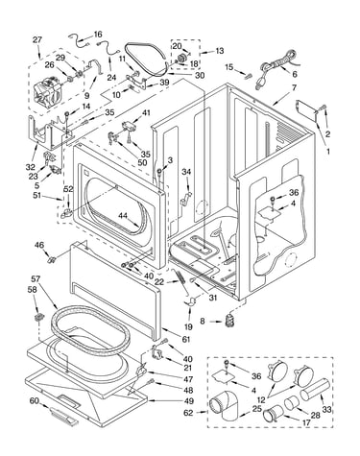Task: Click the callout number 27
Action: (x=37, y=40)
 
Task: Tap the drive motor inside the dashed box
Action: (x=47, y=90)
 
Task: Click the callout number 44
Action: (x=123, y=216)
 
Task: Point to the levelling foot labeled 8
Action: (x=230, y=321)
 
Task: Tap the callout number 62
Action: (x=188, y=413)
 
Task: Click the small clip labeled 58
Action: (x=38, y=317)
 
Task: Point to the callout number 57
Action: (x=36, y=278)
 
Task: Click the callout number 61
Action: (x=186, y=340)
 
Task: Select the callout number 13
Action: (x=220, y=51)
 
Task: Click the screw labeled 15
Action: (x=248, y=77)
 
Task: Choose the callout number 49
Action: (x=188, y=400)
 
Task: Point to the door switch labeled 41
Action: (x=129, y=126)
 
